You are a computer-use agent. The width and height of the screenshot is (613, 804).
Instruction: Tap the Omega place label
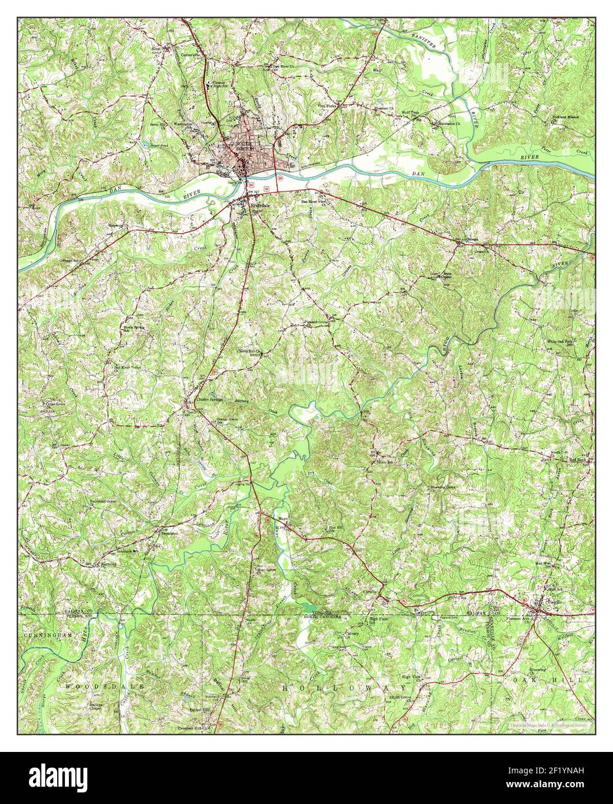(472, 239)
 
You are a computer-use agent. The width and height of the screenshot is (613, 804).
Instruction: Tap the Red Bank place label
(577, 460)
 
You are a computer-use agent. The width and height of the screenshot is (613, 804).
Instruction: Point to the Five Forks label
(328, 106)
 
